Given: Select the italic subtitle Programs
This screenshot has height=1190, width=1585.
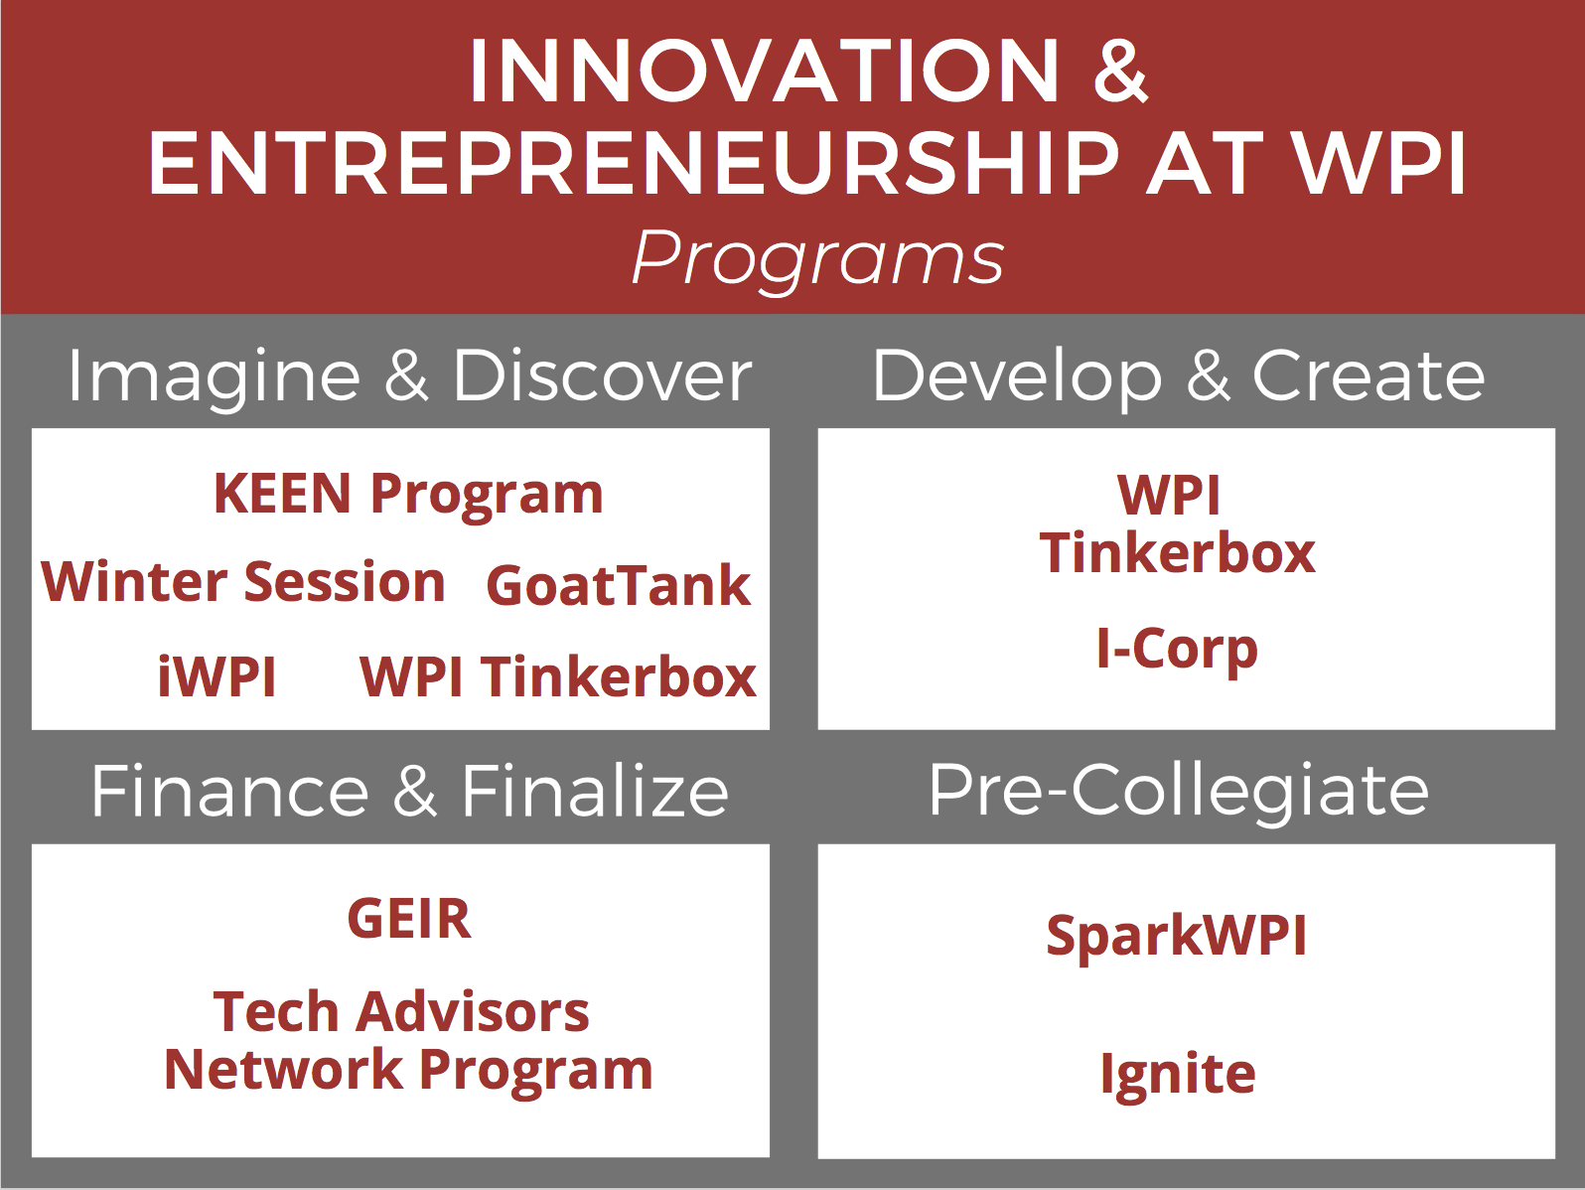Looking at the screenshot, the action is pyautogui.click(x=818, y=259).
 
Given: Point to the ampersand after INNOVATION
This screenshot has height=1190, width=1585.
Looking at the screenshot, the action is pyautogui.click(x=1120, y=71).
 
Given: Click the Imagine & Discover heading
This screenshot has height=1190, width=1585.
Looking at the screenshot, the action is pyautogui.click(x=409, y=376).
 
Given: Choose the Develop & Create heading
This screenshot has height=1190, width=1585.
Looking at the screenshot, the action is pyautogui.click(x=1179, y=376).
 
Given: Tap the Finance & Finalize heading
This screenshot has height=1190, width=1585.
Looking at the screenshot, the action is pyautogui.click(x=409, y=792).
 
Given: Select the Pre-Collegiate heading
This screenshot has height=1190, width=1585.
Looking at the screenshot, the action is pyautogui.click(x=1179, y=792).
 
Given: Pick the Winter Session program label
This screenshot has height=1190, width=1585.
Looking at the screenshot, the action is pyautogui.click(x=242, y=582).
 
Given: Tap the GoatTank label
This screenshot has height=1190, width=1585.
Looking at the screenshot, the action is pyautogui.click(x=618, y=585).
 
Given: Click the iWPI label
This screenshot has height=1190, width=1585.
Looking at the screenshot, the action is pyautogui.click(x=216, y=676).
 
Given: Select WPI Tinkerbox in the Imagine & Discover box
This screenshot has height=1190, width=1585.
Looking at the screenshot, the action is pyautogui.click(x=557, y=676).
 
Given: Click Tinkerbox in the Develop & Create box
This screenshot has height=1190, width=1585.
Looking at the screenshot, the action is pyautogui.click(x=1177, y=554).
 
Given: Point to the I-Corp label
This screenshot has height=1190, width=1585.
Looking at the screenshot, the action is pyautogui.click(x=1177, y=649).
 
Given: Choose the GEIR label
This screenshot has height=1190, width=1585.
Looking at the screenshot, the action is pyautogui.click(x=409, y=919).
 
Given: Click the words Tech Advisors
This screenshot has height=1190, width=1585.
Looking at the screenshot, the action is pyautogui.click(x=401, y=1011).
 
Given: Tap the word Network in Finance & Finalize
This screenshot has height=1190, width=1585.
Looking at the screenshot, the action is pyautogui.click(x=283, y=1070).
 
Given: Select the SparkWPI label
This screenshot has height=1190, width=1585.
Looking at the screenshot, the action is pyautogui.click(x=1176, y=936).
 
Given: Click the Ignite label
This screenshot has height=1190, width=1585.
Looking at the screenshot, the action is pyautogui.click(x=1178, y=1075).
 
